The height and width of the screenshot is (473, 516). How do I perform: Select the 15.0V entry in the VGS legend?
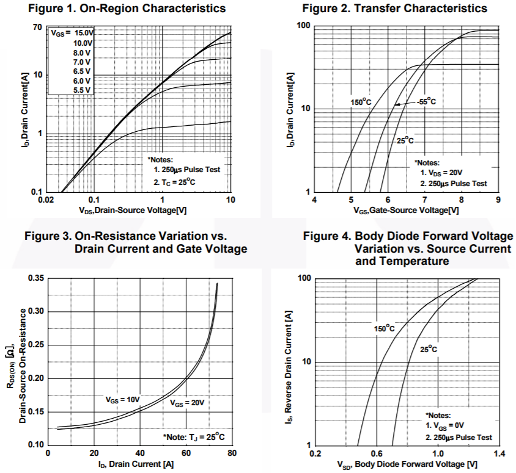tap(79, 33)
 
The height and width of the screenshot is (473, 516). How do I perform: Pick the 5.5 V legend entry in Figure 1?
tap(82, 90)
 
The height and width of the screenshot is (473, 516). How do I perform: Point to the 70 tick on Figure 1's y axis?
tap(37, 28)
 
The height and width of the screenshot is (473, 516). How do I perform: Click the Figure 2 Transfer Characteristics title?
tap(395, 9)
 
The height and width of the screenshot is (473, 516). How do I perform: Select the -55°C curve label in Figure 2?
tap(426, 101)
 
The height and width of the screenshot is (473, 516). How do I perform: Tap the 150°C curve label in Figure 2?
tap(361, 102)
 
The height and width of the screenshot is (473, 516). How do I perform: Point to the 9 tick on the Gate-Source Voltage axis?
tap(498, 200)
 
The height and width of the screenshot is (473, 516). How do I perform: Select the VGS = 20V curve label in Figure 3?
tap(186, 403)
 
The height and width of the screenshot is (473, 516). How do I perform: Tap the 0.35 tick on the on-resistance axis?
tap(36, 279)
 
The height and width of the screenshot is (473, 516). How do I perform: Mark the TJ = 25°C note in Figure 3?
tap(194, 437)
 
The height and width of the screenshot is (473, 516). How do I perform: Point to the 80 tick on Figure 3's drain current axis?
tap(232, 453)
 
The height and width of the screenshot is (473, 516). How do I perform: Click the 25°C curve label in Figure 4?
tap(429, 349)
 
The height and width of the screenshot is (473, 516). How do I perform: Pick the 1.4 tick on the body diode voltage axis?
tap(499, 454)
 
